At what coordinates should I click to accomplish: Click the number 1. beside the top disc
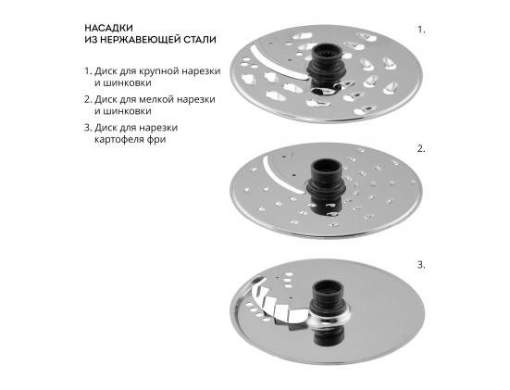tap(421, 30)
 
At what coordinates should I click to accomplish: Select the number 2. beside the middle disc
tap(421, 149)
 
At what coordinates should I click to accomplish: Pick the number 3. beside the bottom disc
tap(421, 265)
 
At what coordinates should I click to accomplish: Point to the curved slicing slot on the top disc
tap(274, 63)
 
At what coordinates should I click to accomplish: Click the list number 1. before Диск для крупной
tap(88, 71)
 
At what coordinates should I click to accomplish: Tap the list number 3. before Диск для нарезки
tap(88, 128)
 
